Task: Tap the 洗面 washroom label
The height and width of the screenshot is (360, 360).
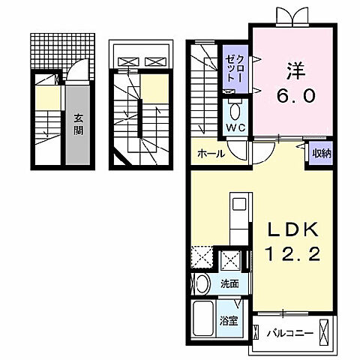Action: pyautogui.click(x=229, y=284)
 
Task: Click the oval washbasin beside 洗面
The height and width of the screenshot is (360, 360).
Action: pyautogui.click(x=202, y=284)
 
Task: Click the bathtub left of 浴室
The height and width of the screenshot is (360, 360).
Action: pyautogui.click(x=203, y=319)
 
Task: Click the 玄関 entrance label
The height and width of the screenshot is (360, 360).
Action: pyautogui.click(x=78, y=123)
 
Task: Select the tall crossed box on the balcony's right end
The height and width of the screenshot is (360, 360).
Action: pyautogui.click(x=323, y=329)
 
